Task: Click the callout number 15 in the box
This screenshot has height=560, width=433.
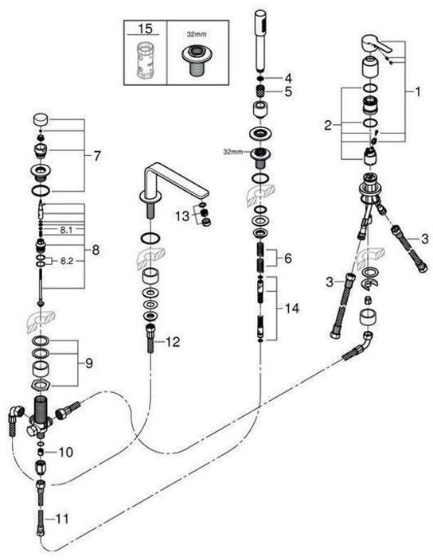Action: click(x=145, y=28)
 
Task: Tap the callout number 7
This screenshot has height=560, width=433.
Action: click(x=97, y=156)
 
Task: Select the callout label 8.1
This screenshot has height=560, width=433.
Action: click(x=66, y=231)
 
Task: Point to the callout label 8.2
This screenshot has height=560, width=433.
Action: click(x=66, y=261)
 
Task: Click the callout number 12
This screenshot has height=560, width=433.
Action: click(x=173, y=342)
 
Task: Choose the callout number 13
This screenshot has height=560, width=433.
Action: click(x=182, y=216)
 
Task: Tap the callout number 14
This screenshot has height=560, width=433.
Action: click(x=292, y=308)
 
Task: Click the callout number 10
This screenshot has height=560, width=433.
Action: click(x=66, y=452)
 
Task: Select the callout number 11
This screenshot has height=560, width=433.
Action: click(x=62, y=519)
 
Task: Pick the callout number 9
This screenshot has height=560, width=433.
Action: click(x=89, y=364)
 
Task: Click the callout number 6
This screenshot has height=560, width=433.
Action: click(x=288, y=258)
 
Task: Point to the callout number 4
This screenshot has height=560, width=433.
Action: click(x=288, y=78)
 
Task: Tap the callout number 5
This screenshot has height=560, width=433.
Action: click(x=288, y=91)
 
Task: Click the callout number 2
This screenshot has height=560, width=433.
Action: click(x=328, y=126)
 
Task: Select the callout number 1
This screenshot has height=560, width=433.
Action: click(x=418, y=91)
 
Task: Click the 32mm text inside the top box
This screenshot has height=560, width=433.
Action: click(x=197, y=35)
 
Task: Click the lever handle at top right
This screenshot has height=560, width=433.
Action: click(x=376, y=43)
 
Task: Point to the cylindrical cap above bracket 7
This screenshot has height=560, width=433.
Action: click(x=41, y=119)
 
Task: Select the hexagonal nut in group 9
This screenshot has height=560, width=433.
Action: click(x=41, y=385)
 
